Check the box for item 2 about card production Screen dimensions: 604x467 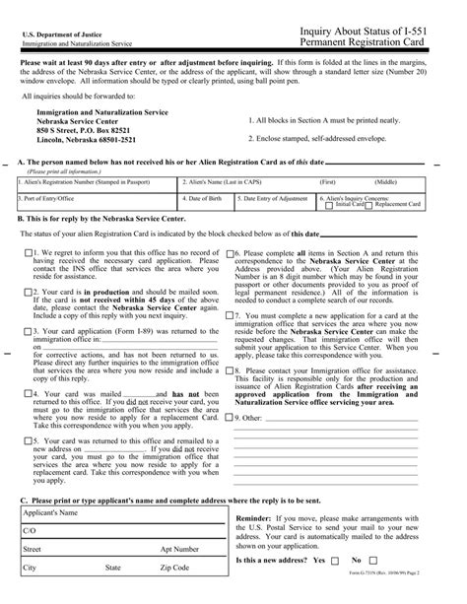tap(27, 293)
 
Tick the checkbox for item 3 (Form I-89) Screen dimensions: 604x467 tap(27, 332)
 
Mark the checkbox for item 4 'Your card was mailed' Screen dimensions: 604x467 tap(27, 394)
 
